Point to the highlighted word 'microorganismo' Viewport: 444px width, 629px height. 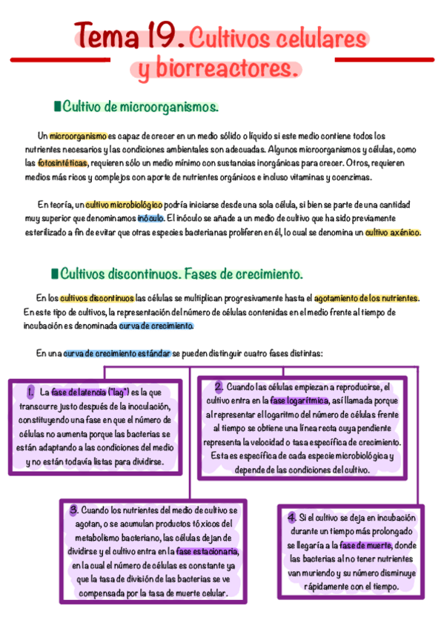tap(78, 136)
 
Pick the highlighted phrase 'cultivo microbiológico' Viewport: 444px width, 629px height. tap(124, 204)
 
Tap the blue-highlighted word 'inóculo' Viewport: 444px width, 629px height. tap(151, 219)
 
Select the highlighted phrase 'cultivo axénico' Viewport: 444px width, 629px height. tap(393, 232)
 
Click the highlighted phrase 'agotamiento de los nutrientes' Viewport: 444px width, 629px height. tap(367, 298)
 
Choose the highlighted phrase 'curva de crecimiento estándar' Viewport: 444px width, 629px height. tap(116, 354)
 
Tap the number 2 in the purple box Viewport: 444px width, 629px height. tap(219, 387)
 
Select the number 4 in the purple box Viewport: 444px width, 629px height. tap(291, 517)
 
